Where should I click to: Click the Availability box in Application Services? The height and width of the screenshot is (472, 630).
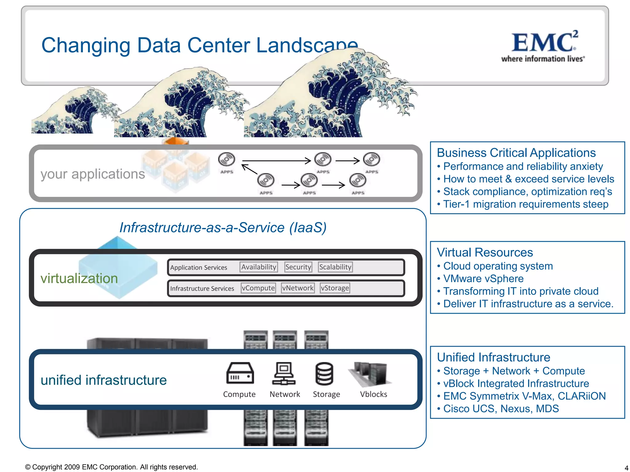[258, 267]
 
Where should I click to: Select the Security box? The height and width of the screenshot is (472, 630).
[298, 267]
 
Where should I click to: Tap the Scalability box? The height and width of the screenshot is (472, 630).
[335, 267]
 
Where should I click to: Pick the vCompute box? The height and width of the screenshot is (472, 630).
[258, 288]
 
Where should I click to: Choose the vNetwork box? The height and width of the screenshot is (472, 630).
[298, 288]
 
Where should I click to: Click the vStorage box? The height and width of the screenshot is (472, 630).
[335, 288]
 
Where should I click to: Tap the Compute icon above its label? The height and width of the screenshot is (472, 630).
[240, 373]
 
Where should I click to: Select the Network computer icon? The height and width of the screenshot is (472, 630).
[284, 374]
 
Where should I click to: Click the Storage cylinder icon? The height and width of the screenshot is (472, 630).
[324, 374]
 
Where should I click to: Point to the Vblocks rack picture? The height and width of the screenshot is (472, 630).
[371, 374]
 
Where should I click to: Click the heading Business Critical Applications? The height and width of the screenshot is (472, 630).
[516, 153]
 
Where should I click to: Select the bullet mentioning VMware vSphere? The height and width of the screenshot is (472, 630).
[483, 279]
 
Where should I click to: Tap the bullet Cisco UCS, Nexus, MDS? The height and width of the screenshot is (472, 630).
[501, 409]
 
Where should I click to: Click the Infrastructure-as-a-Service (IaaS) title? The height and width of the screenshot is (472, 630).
[223, 228]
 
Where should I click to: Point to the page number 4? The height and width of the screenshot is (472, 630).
[626, 468]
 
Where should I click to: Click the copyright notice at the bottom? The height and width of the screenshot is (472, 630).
[111, 467]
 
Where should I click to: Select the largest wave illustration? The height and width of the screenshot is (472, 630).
[332, 95]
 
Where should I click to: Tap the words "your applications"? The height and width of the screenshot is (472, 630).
[93, 174]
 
